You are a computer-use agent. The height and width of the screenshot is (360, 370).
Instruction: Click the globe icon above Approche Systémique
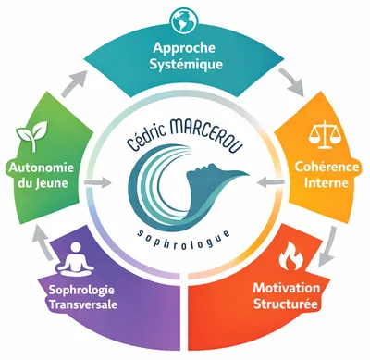point(185,21)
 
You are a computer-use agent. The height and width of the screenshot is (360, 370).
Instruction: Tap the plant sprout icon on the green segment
point(32,135)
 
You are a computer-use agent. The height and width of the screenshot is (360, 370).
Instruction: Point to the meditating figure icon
point(76,260)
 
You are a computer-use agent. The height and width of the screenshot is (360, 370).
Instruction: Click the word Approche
point(184,49)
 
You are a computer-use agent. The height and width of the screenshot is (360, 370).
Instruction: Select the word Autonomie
point(42,168)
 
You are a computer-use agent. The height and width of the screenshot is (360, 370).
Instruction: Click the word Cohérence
point(327,167)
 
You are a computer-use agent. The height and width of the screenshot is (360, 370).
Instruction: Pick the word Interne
point(327,182)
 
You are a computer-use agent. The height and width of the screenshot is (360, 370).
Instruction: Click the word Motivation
point(287,288)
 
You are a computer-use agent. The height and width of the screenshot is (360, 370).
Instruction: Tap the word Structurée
point(285,304)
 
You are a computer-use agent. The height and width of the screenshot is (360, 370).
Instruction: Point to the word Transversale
point(83,304)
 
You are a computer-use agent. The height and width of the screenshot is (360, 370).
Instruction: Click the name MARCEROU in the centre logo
point(205,136)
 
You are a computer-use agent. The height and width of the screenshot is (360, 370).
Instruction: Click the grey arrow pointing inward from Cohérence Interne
point(271,182)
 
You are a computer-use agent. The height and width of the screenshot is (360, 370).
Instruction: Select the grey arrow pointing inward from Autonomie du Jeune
point(97,183)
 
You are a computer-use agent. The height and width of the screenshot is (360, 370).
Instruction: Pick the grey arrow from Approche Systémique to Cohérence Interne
point(290,81)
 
